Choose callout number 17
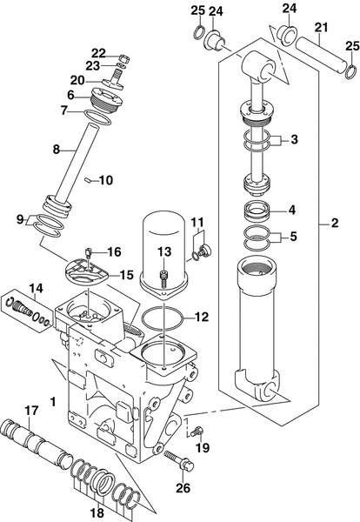(x=32, y=411)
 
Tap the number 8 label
(x=55, y=149)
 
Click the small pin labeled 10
(x=90, y=180)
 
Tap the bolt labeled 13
(x=163, y=278)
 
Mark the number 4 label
(x=292, y=210)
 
